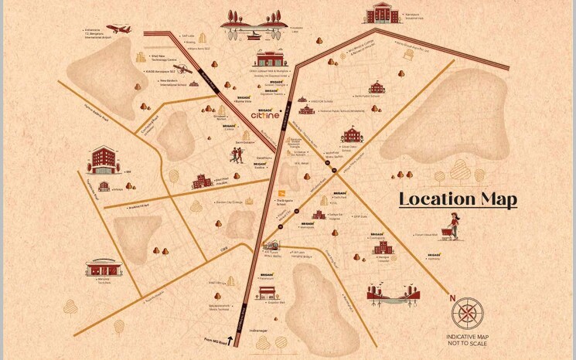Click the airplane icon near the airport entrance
point(118,29)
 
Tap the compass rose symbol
point(468,314)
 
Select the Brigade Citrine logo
point(270,114)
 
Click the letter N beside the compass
point(452,297)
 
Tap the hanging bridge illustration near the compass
point(394,293)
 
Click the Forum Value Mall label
point(427,234)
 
